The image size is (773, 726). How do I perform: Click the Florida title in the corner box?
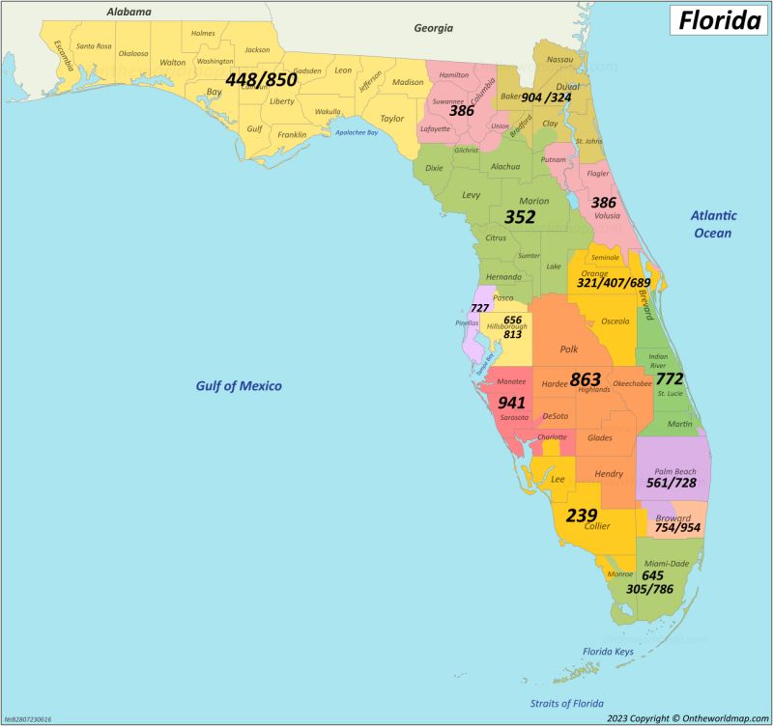720,19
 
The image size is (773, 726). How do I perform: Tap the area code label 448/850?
261,79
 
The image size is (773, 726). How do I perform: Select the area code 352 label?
520,217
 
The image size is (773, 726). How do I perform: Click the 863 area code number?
586,378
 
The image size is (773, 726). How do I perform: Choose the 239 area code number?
582,515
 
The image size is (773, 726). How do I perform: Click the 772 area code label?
670,377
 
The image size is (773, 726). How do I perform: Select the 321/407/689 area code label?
614,283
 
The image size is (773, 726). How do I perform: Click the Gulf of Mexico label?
239,386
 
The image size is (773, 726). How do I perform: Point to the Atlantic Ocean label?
712,224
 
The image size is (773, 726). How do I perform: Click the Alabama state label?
129,13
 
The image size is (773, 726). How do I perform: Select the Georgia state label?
433,28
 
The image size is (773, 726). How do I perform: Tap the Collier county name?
597,526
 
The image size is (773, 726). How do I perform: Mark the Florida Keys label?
609,653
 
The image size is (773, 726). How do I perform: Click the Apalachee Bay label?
357,132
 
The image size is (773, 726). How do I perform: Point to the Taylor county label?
392,119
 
